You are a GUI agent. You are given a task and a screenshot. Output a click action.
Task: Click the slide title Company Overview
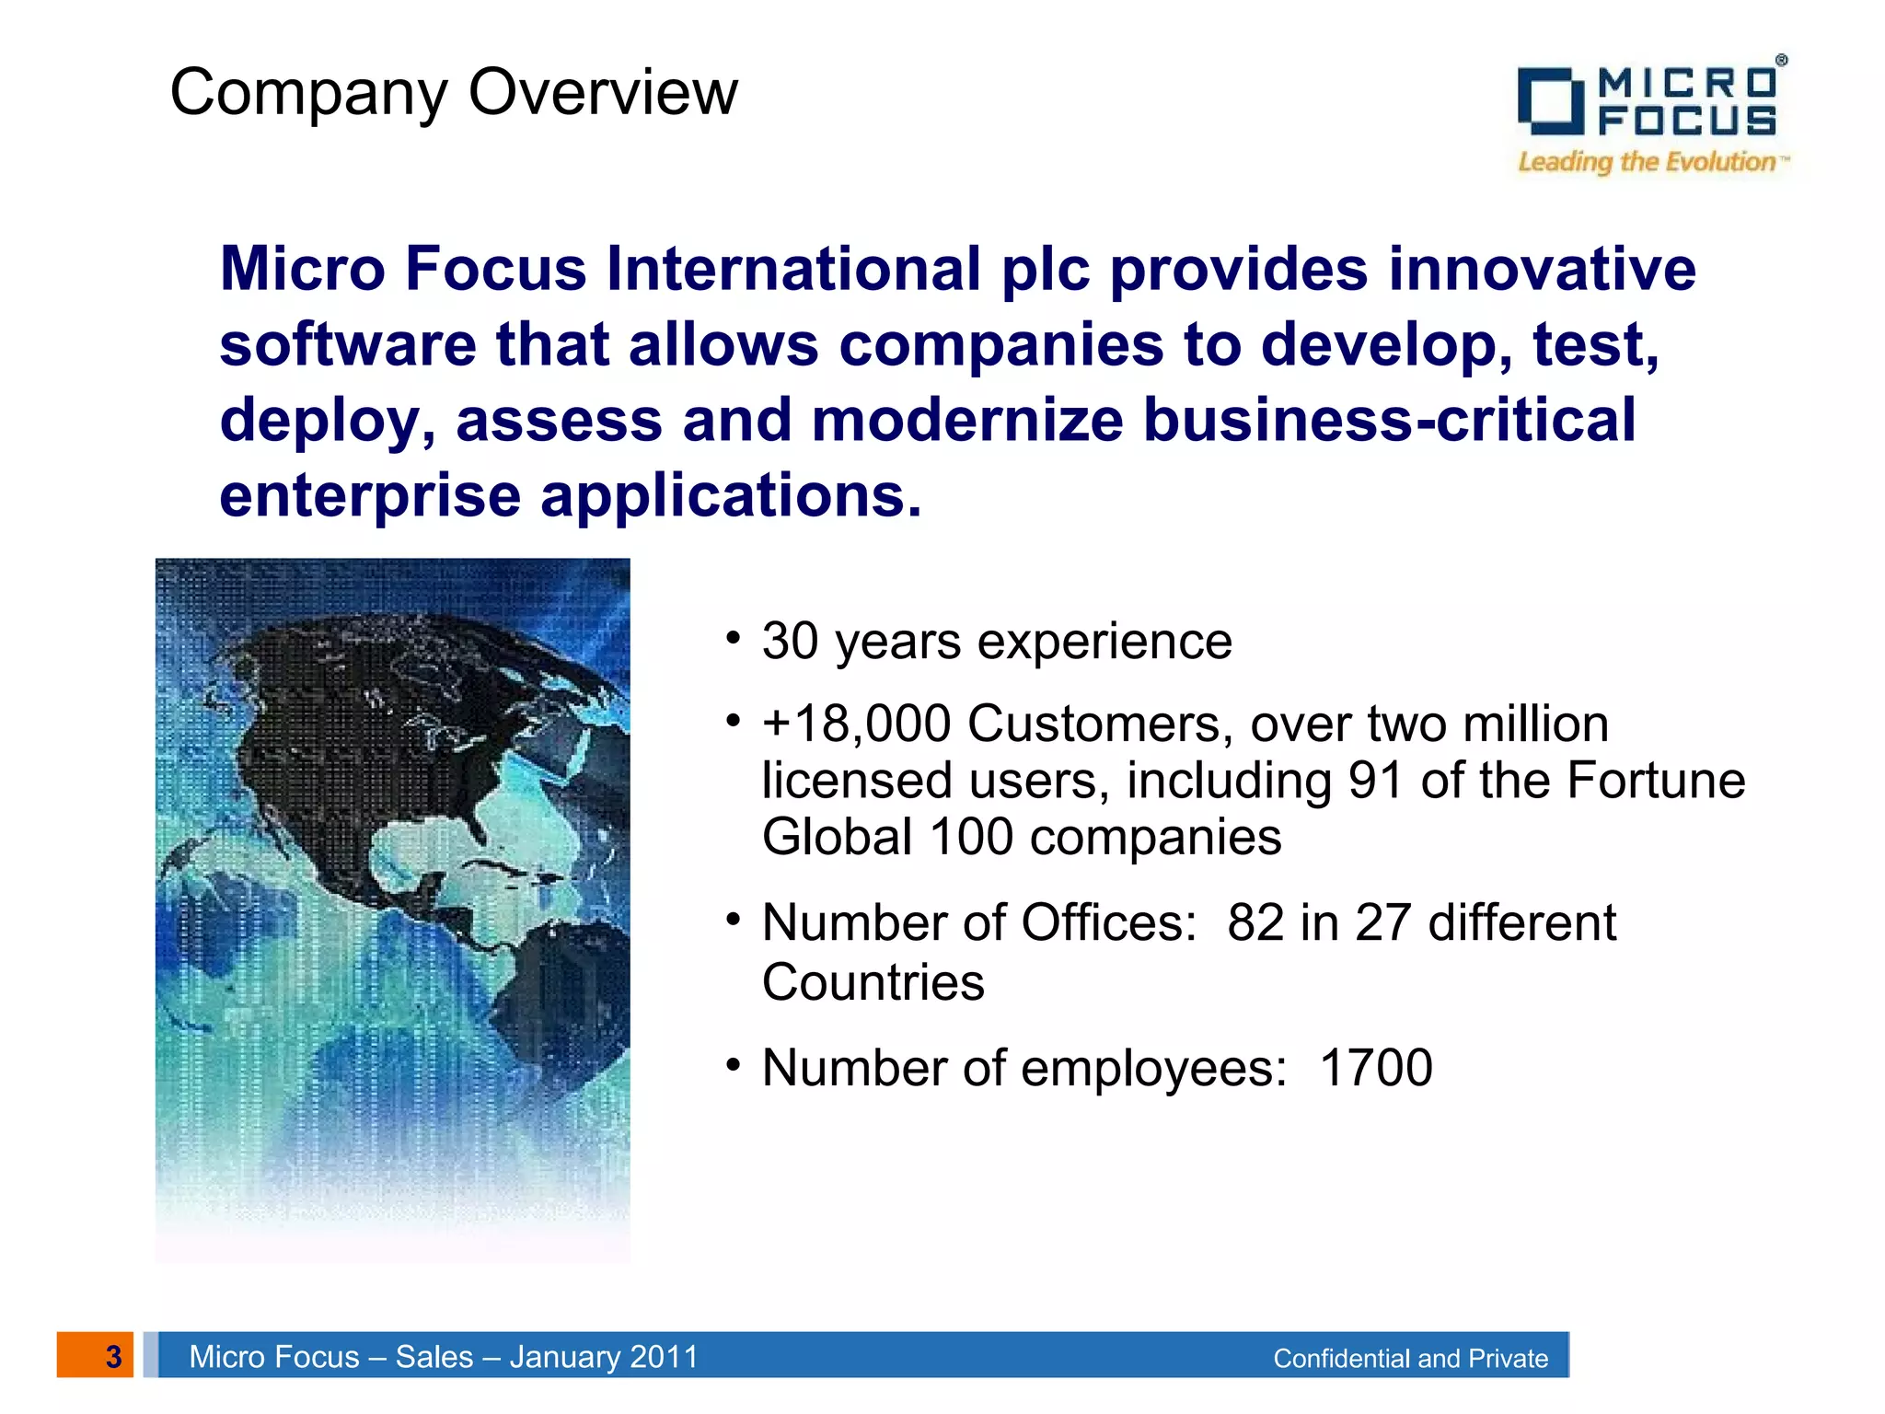tap(454, 92)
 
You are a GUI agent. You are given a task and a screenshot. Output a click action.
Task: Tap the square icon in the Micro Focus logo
tap(1550, 101)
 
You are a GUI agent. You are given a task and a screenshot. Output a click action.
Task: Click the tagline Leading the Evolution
tap(1648, 162)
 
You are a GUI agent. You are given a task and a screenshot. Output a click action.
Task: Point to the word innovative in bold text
tap(1542, 269)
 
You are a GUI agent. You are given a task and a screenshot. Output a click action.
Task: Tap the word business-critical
tap(1390, 420)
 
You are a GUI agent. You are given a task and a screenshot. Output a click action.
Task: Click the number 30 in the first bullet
tap(790, 641)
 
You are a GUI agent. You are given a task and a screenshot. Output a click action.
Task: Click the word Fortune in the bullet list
tap(1656, 781)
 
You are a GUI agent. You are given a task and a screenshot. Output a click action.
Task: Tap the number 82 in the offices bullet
tap(1255, 922)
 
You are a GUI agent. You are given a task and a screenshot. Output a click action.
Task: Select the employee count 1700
tap(1375, 1068)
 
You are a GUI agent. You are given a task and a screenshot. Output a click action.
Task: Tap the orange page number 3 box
tap(96, 1355)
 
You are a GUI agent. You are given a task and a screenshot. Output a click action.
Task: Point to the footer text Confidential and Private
tap(1410, 1359)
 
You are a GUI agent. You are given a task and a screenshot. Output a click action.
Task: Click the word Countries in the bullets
tap(873, 981)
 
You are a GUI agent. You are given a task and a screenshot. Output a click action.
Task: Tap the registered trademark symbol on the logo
tap(1781, 60)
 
